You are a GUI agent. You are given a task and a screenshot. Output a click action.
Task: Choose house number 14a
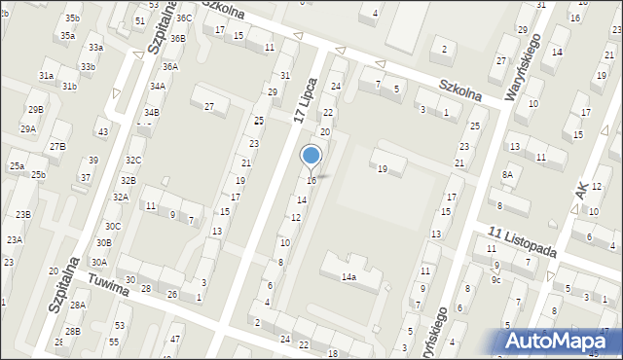coord(348,277)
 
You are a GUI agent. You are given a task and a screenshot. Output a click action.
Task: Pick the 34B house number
coord(151,113)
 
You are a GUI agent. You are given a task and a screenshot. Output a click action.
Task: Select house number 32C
coord(133,160)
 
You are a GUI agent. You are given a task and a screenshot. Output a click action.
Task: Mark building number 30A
coord(99,262)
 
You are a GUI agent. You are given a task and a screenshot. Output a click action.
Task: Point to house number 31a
coord(46,75)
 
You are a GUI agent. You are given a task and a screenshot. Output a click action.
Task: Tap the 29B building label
coord(35,110)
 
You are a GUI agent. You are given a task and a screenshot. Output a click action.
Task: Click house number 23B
coord(22,214)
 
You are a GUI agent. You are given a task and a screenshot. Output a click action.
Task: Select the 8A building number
coord(507,174)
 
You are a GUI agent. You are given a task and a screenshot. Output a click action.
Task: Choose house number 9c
coord(495,280)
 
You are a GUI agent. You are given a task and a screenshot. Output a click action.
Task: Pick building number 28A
coord(77,305)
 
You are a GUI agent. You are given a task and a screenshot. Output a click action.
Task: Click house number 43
coord(103,131)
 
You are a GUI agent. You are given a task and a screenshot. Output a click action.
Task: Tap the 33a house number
coord(95,47)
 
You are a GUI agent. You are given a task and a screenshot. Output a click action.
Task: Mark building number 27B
coord(58,146)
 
